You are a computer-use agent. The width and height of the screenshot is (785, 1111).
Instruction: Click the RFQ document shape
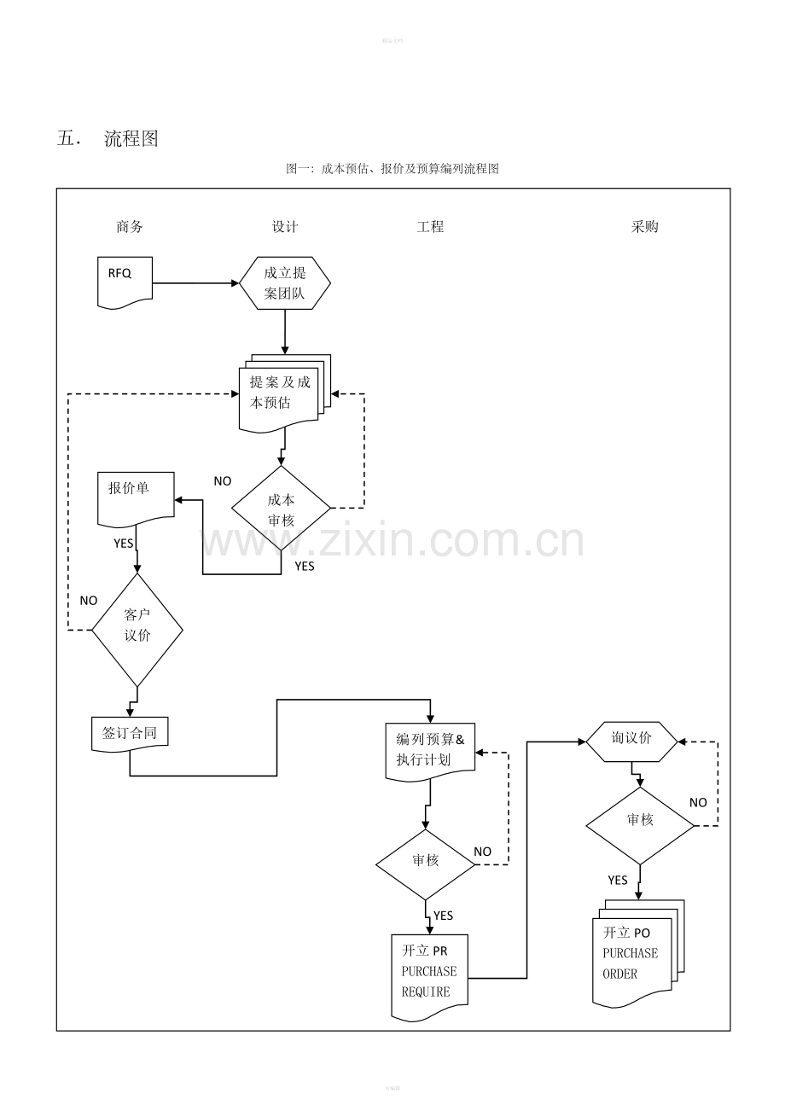[x=125, y=282]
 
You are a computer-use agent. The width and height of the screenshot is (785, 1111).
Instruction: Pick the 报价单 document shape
[x=136, y=497]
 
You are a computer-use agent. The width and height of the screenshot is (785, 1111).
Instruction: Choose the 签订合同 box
[x=130, y=733]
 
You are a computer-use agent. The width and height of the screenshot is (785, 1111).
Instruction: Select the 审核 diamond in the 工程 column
[x=425, y=862]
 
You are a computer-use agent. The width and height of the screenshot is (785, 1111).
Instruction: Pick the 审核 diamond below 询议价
[x=640, y=821]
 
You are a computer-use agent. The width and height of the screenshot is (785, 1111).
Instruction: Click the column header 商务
[x=130, y=227]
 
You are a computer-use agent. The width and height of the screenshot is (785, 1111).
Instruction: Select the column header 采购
[x=645, y=227]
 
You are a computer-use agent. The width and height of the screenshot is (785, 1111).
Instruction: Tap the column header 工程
[x=430, y=227]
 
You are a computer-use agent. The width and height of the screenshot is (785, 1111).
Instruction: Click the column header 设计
[x=285, y=227]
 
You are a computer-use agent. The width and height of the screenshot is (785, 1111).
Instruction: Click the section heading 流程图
[x=131, y=139]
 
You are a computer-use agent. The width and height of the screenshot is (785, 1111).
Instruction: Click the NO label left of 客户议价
[x=89, y=601]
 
